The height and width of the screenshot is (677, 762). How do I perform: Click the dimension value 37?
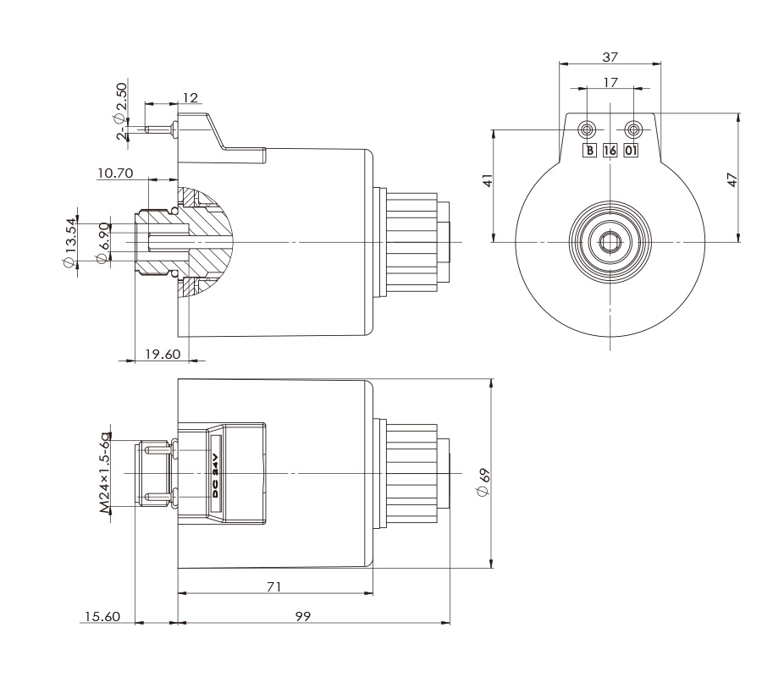[610, 57]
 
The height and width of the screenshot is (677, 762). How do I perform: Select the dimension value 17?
[610, 82]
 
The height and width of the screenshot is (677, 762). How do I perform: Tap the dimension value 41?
[486, 180]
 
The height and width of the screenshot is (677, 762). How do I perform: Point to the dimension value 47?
[732, 179]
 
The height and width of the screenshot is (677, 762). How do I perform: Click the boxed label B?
[588, 151]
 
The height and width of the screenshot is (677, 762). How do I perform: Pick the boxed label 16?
[610, 151]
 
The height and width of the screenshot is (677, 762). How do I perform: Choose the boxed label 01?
[632, 151]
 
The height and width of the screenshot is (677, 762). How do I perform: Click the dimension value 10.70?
[116, 173]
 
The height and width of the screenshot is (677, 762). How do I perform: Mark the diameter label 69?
[484, 482]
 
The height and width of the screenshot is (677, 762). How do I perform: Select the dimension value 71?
[273, 586]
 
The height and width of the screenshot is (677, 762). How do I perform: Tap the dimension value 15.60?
[100, 616]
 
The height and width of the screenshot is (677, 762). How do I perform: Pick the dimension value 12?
[190, 98]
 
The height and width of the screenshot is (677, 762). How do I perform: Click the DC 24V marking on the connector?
[216, 475]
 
